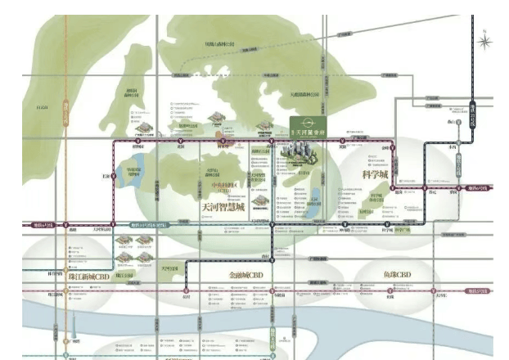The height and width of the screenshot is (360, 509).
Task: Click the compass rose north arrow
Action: coord(485,38)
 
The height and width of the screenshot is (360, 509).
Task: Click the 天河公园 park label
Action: coord(169,267)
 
